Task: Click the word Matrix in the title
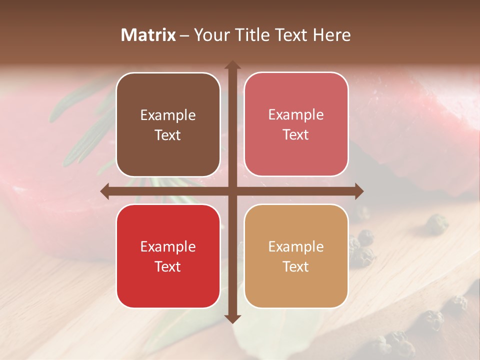tap(148, 35)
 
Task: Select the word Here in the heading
tap(332, 35)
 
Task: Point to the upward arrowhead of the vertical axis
tap(232, 65)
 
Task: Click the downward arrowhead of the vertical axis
tap(232, 319)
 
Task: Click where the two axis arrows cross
tap(232, 191)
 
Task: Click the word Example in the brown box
tap(168, 115)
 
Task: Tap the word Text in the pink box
tap(296, 135)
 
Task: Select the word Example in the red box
tap(168, 247)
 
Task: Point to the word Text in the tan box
tap(296, 267)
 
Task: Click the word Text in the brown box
tap(168, 135)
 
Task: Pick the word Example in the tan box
tap(296, 247)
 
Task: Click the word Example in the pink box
tap(296, 115)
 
